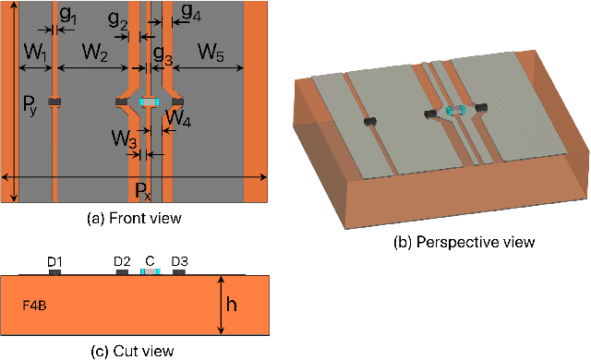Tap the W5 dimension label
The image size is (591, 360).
click(209, 54)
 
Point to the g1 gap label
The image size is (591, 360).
click(68, 17)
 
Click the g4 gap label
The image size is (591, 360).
click(190, 13)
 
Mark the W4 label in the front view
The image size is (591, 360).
click(178, 117)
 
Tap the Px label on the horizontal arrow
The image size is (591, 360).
click(141, 191)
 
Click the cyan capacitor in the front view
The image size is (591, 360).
click(149, 102)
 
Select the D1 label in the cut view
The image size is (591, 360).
click(54, 262)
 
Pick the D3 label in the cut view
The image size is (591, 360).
click(180, 262)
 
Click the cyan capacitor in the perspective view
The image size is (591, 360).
click(453, 110)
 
